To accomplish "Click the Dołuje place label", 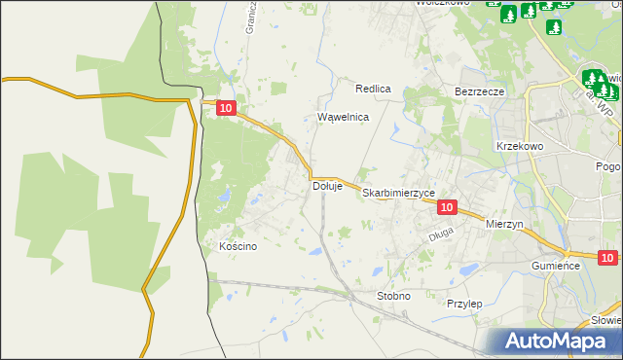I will [327, 186].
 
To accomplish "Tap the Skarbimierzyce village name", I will [399, 194].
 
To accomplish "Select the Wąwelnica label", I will [344, 117].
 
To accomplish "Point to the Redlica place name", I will [373, 89].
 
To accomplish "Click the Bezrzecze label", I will [479, 91].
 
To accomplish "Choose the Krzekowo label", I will [519, 145].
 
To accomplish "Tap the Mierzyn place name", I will [504, 223].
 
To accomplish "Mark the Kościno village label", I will [238, 246].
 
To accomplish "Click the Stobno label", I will [393, 295].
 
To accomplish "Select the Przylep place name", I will [464, 304].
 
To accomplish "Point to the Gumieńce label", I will [556, 265].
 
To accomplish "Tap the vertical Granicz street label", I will [250, 18].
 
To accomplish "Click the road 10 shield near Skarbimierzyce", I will [447, 207].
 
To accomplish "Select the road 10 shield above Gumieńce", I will [607, 258].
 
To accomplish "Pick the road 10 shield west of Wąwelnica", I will [226, 111].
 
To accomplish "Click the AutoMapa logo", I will [561, 341].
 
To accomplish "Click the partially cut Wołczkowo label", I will [443, 3].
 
